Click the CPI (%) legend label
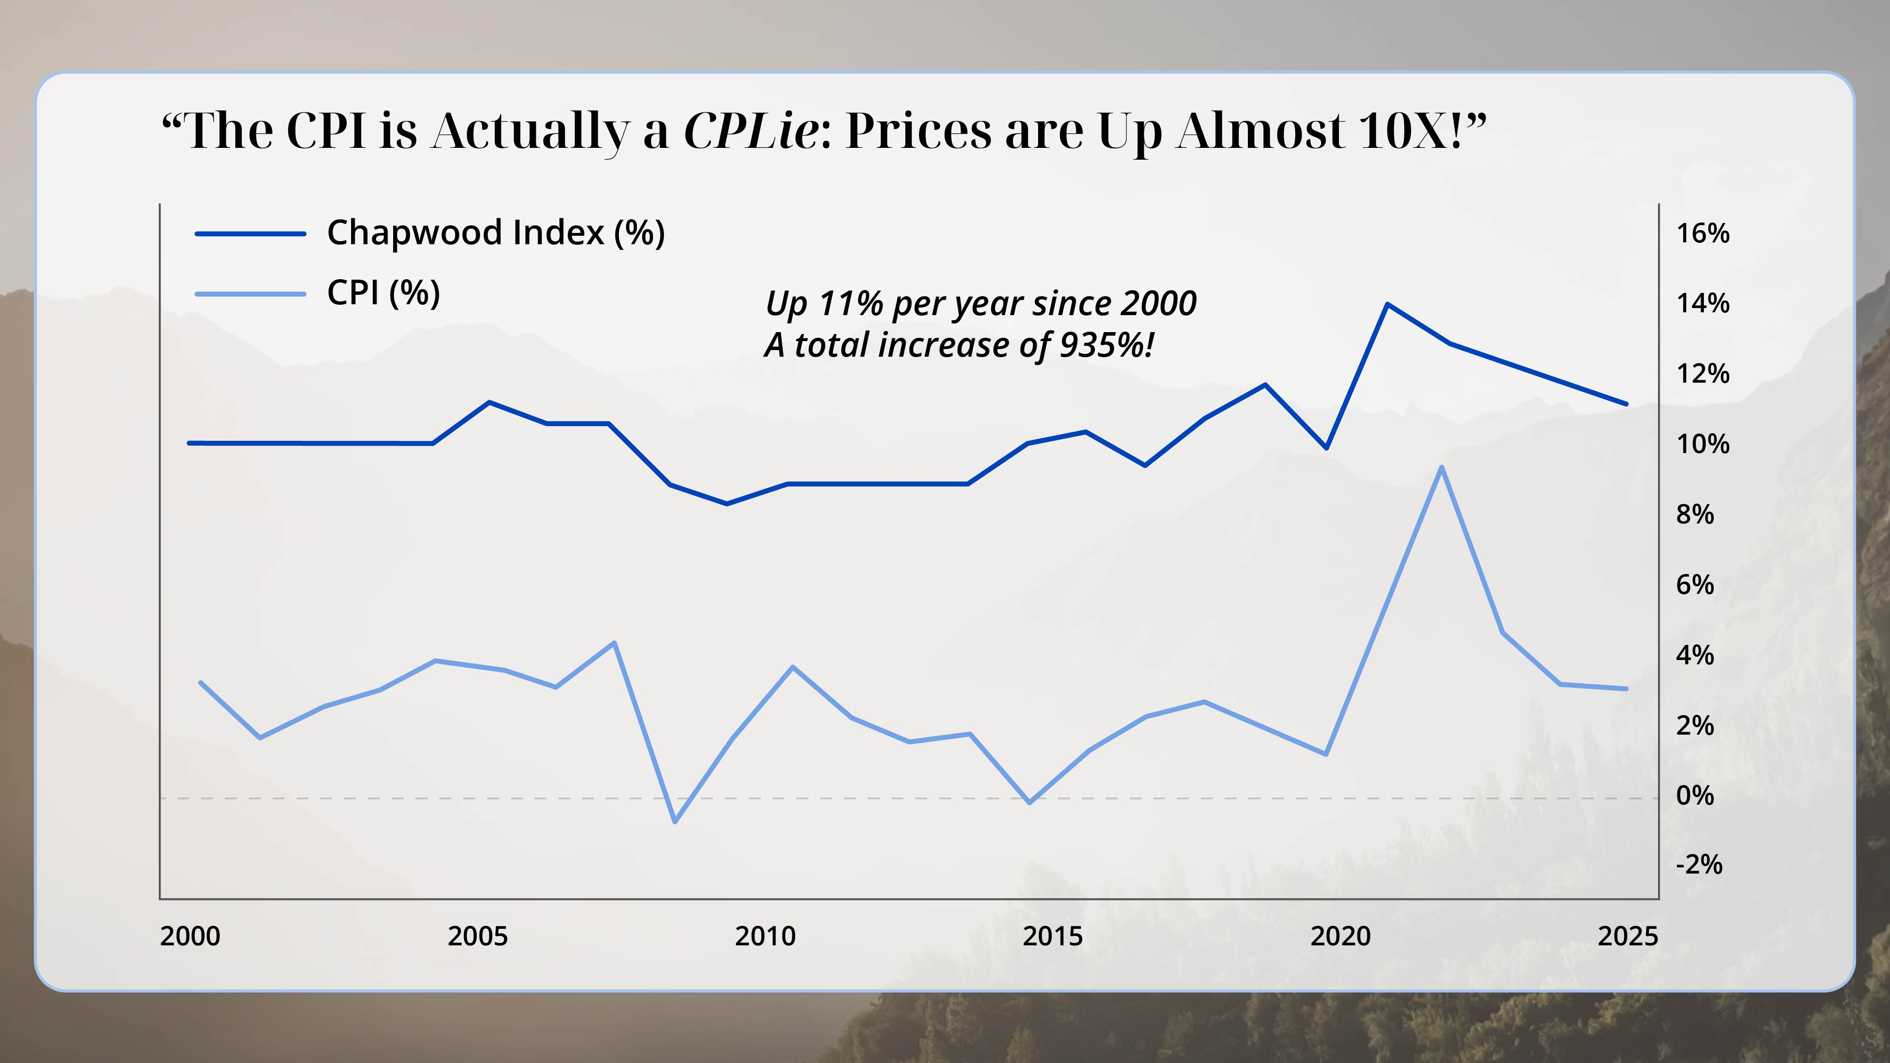tap(383, 293)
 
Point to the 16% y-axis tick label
tap(1702, 233)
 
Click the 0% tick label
tap(1694, 795)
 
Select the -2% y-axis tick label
tap(1699, 864)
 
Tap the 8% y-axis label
tap(1694, 514)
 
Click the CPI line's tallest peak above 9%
tap(1442, 467)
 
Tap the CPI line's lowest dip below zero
tap(675, 822)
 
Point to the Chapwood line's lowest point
tap(726, 503)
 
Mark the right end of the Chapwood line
tap(1626, 403)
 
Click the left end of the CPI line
tap(201, 683)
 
